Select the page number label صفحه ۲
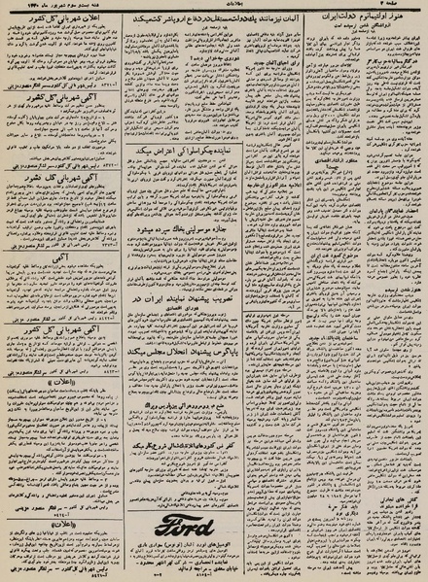click(404, 7)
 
